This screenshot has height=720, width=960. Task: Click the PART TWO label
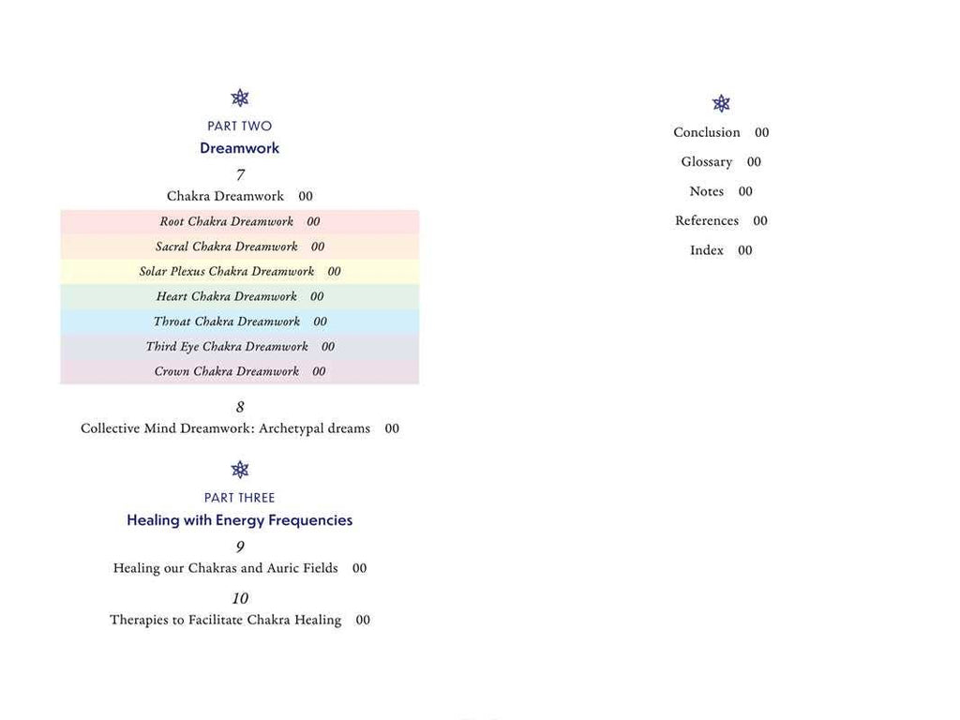pyautogui.click(x=240, y=126)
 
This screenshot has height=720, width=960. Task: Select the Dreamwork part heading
pyautogui.click(x=240, y=148)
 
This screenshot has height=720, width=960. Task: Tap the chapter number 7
pyautogui.click(x=240, y=174)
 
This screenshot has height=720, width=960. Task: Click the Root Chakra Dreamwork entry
pyautogui.click(x=227, y=222)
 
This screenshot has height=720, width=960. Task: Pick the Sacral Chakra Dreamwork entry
pyautogui.click(x=227, y=247)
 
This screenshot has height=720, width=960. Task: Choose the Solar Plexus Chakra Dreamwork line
pyautogui.click(x=227, y=272)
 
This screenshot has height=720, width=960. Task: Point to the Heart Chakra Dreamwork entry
pyautogui.click(x=227, y=296)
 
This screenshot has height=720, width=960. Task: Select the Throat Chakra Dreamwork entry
pyautogui.click(x=227, y=322)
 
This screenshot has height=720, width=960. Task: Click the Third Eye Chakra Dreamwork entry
pyautogui.click(x=227, y=347)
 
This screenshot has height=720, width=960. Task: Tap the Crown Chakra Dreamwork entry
pyautogui.click(x=227, y=371)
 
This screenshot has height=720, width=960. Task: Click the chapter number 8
pyautogui.click(x=240, y=407)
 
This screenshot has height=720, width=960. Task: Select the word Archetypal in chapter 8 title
pyautogui.click(x=292, y=428)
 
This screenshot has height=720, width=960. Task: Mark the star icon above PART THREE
pyautogui.click(x=240, y=470)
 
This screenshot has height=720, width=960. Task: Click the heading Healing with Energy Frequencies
pyautogui.click(x=240, y=520)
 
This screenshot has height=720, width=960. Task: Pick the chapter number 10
pyautogui.click(x=240, y=598)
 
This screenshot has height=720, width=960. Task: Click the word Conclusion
pyautogui.click(x=707, y=132)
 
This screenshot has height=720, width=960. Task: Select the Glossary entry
pyautogui.click(x=707, y=162)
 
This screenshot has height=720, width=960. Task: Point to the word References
pyautogui.click(x=707, y=221)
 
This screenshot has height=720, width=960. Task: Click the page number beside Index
pyautogui.click(x=745, y=250)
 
